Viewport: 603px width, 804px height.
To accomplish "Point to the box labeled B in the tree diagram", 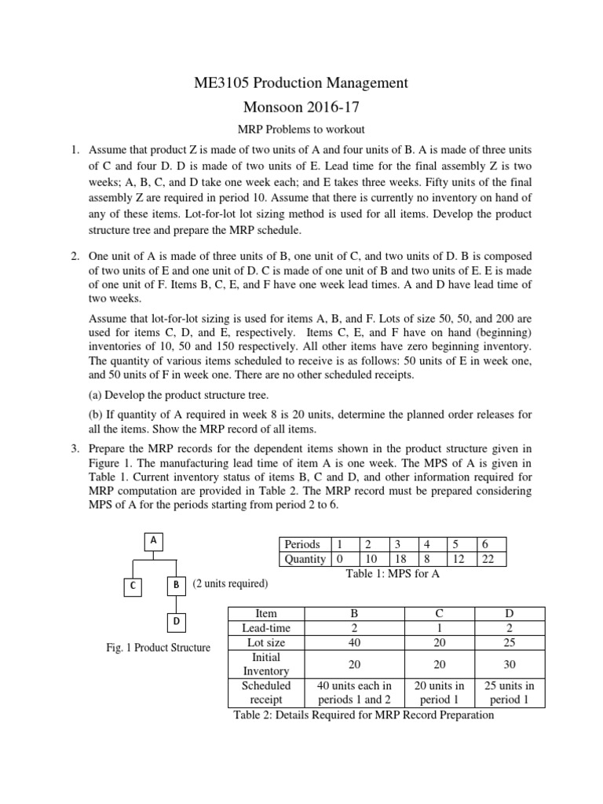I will coord(177,585).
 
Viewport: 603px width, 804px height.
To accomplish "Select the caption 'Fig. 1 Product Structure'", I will coord(159,648).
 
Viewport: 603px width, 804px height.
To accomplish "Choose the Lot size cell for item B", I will coord(355,642).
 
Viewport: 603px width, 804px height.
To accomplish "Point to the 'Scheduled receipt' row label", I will coord(267,693).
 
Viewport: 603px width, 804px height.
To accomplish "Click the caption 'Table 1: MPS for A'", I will coord(393,574).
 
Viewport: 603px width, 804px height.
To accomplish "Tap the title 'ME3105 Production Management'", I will coord(301,82).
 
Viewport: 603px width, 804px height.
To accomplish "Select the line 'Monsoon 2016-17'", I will coord(301,108).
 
